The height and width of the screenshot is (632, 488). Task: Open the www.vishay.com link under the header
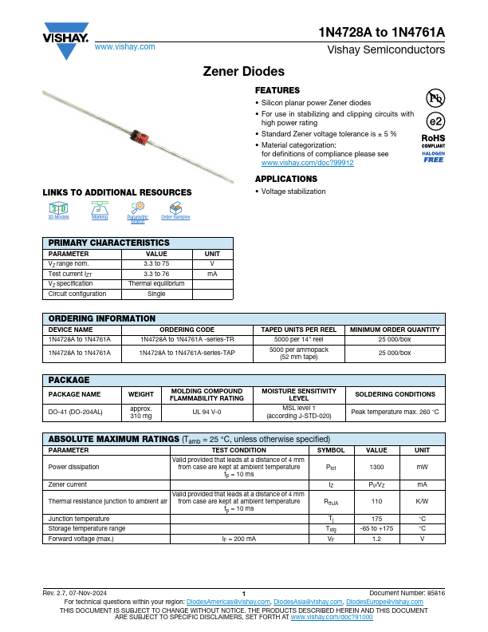[x=124, y=47]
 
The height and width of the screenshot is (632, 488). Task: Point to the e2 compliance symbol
[x=435, y=121]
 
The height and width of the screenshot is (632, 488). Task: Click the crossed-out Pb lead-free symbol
[x=435, y=98]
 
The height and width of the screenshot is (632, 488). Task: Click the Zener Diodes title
[x=244, y=70]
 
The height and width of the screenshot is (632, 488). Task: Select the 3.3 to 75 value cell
[x=156, y=263]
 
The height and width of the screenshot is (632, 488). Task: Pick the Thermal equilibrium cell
[x=156, y=283]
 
